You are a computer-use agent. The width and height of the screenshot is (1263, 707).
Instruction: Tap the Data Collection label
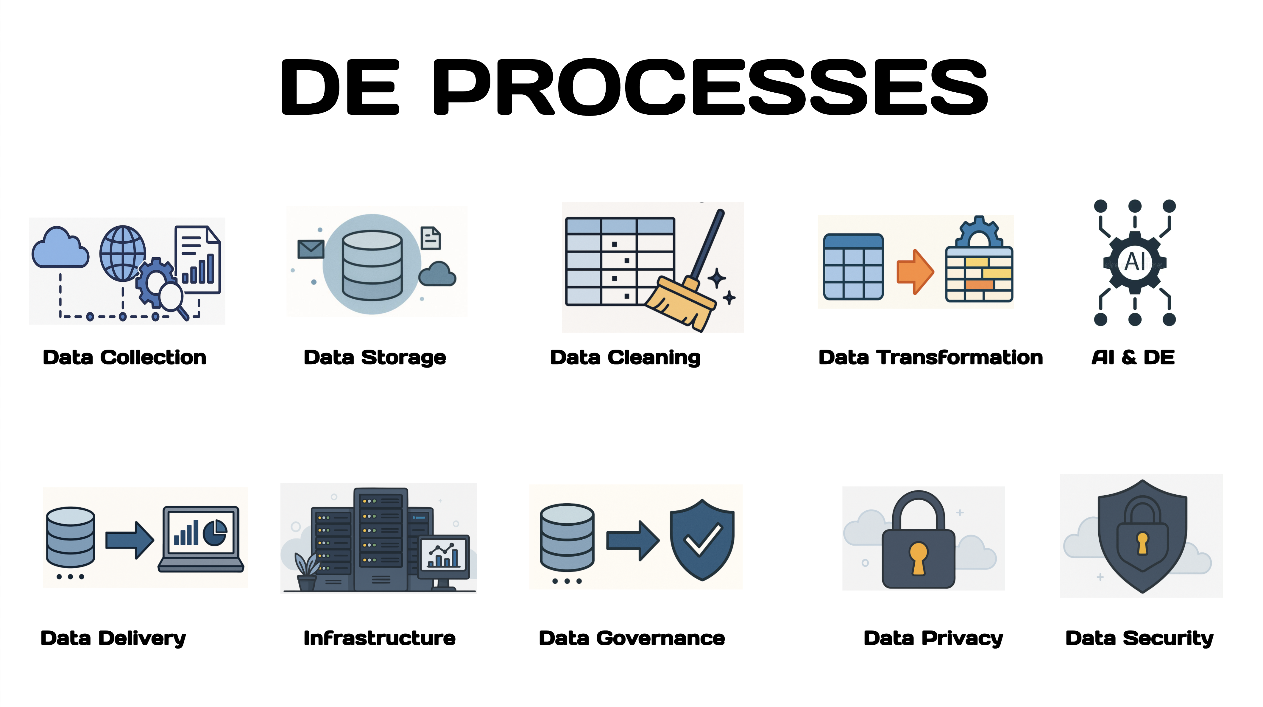124,357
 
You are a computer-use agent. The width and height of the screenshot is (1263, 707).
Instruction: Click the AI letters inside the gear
1135,261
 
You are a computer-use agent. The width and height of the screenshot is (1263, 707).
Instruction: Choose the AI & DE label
1133,357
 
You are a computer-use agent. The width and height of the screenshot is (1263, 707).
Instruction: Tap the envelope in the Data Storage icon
311,249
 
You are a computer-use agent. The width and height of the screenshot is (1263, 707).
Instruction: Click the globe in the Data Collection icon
123,253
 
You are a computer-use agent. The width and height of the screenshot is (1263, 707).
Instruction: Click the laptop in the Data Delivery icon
201,539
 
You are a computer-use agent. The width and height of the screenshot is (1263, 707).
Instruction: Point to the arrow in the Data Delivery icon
130,540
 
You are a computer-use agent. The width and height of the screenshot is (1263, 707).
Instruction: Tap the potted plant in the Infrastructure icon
307,571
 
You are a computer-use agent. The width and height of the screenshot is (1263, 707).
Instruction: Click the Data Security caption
1139,639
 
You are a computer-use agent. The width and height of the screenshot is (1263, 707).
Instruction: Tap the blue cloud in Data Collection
60,247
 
